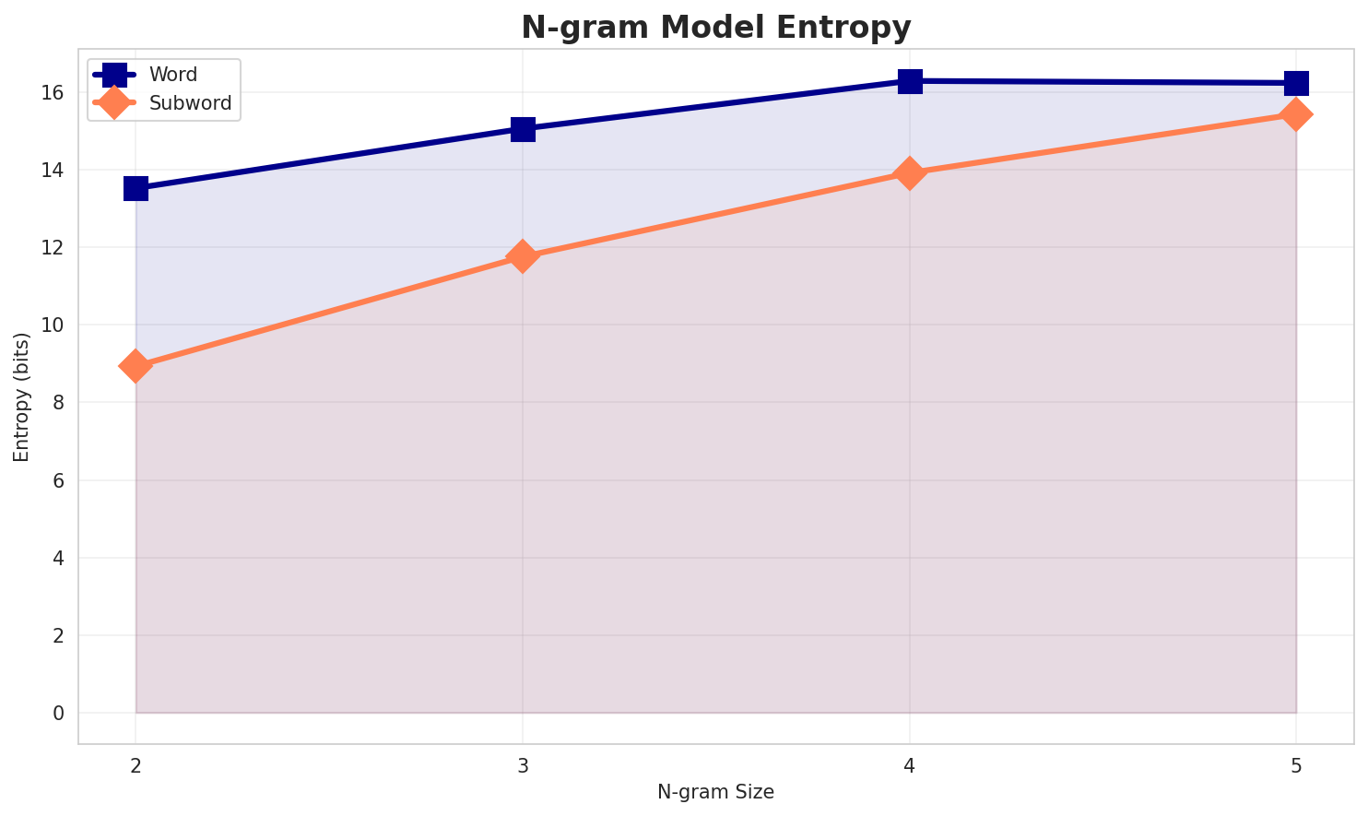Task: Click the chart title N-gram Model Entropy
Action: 715,28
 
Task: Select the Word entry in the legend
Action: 173,75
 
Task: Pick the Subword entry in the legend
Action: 190,102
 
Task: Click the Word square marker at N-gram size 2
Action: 136,188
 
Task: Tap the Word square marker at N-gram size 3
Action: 523,129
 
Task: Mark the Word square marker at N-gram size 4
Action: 910,81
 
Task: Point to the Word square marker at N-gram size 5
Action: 1296,83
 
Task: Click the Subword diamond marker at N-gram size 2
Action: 136,366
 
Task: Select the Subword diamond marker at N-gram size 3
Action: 523,256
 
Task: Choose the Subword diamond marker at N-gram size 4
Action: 910,173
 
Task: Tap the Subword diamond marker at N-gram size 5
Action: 1296,114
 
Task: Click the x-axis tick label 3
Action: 523,765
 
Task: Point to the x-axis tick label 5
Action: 1296,765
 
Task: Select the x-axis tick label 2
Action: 136,765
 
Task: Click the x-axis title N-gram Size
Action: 715,792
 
